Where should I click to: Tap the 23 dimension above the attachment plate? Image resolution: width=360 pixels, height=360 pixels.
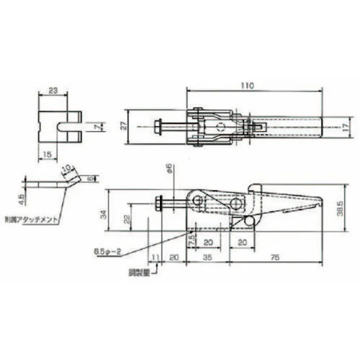point(53,91)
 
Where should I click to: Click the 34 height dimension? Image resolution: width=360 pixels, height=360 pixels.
point(103,214)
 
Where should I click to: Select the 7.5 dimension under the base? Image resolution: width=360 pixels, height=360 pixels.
point(191,240)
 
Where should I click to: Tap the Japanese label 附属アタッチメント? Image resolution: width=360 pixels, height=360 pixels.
point(31,220)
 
